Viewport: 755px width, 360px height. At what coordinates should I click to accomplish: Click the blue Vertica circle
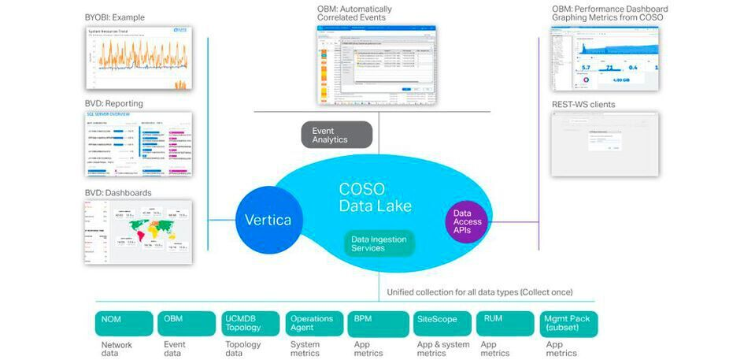click(266, 220)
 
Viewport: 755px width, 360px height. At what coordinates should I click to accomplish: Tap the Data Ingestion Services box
click(379, 243)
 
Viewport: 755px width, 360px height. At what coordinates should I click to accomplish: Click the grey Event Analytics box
click(336, 135)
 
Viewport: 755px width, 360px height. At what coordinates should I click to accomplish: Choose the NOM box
click(124, 324)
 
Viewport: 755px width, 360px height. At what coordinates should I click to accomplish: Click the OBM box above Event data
click(187, 324)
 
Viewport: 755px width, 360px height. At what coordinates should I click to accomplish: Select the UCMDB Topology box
click(250, 324)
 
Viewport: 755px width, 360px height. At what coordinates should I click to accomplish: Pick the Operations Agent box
click(313, 324)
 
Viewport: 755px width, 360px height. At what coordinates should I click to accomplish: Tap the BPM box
click(377, 324)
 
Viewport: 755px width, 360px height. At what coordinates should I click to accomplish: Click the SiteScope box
click(441, 324)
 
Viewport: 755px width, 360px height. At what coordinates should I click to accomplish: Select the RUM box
click(504, 324)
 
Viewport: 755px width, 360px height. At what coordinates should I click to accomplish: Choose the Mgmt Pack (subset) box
click(568, 324)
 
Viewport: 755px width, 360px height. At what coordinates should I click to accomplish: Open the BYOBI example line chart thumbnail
click(139, 60)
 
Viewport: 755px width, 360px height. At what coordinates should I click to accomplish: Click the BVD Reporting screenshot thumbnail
click(139, 144)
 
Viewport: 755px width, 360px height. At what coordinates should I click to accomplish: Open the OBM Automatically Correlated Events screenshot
click(376, 65)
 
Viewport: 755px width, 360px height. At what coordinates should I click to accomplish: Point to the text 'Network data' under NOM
click(117, 349)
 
